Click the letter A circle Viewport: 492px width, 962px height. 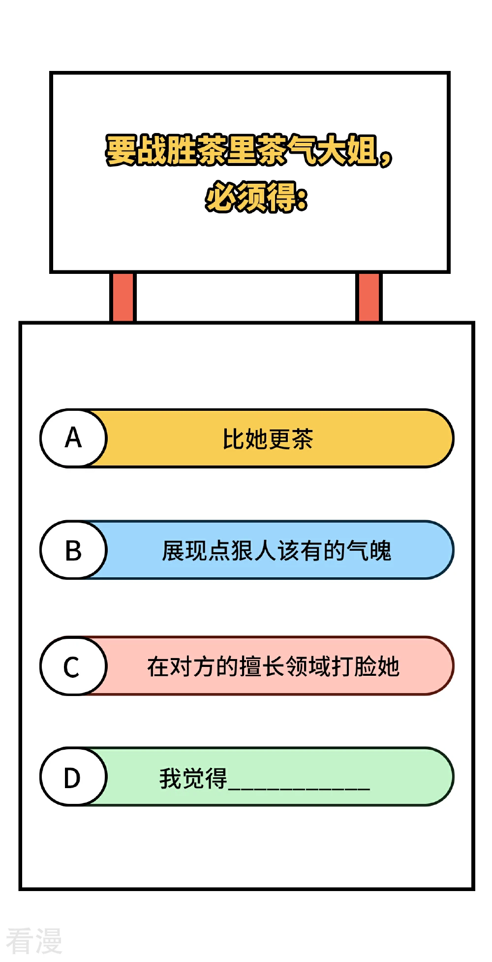[x=73, y=438]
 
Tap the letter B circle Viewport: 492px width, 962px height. [x=73, y=550]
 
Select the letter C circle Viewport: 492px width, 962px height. [x=73, y=666]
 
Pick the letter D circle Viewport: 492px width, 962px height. [x=73, y=777]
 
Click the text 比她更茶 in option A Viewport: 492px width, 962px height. [x=268, y=438]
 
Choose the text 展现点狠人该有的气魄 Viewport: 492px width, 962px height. [x=277, y=551]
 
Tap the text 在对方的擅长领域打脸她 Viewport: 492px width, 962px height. [x=273, y=666]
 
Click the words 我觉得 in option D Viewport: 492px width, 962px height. [x=193, y=778]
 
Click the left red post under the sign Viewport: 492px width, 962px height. [x=123, y=297]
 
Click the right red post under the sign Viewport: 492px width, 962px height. [x=369, y=297]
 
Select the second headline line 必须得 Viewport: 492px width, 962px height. [x=256, y=197]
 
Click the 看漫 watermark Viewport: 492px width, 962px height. [x=34, y=941]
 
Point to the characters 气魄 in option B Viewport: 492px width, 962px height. [x=369, y=551]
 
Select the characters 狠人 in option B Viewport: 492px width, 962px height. [x=254, y=551]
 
